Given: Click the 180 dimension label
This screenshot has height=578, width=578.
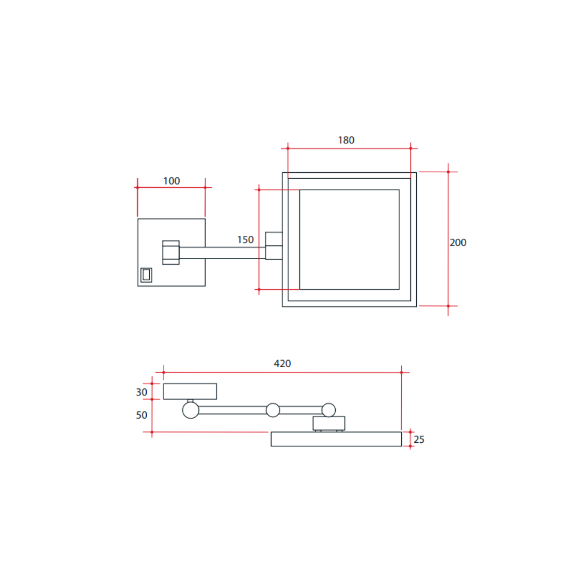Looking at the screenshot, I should coord(346,140).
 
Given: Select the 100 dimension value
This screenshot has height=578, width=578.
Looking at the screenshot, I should coord(171,181).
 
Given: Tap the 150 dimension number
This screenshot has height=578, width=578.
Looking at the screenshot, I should coord(246,239).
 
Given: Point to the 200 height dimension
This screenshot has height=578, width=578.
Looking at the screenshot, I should coord(458,243).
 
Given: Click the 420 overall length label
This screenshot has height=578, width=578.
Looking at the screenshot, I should coord(282,364).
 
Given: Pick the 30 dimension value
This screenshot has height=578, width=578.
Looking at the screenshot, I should coord(142,392).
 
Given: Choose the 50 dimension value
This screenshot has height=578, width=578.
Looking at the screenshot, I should coord(142,415).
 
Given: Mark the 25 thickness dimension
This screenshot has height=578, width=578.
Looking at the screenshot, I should coord(419,439).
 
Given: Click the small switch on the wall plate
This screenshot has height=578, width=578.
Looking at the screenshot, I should coord(146,275).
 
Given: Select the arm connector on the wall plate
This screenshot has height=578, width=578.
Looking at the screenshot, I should coord(171,253).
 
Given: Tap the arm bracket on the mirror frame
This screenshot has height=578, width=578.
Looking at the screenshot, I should coord(273,246).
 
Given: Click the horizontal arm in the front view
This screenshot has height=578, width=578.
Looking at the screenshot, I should coord(223,253).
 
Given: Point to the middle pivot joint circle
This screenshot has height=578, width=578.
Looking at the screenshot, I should coord(273,410).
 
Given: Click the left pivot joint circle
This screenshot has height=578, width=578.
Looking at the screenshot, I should coord(190,410).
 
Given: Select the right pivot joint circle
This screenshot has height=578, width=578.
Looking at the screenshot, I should coord(328,410).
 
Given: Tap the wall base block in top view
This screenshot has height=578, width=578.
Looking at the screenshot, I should coord(190,391).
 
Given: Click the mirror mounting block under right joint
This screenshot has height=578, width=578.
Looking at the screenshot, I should coord(328,424).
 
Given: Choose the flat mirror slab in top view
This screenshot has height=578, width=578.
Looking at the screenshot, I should coord(336,439).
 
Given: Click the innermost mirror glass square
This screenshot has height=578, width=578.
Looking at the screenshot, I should coord(349,239).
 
